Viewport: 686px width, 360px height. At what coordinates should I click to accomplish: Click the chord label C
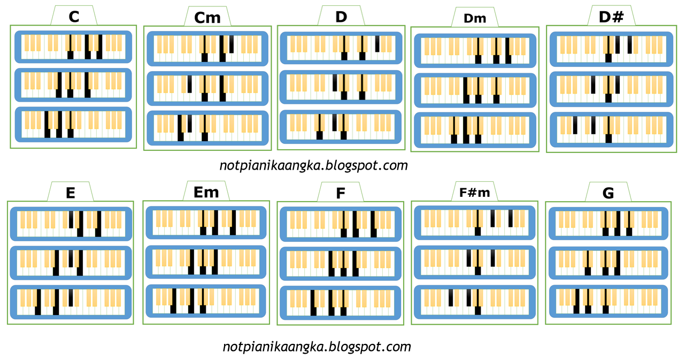74,17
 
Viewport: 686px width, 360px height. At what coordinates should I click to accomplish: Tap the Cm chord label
207,18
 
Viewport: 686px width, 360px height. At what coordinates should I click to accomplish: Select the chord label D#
612,17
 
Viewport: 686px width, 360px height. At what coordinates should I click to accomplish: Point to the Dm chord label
475,18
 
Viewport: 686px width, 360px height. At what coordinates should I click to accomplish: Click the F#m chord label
475,193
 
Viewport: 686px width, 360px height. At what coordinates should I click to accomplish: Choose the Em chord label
206,192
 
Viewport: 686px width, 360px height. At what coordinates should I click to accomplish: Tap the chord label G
608,193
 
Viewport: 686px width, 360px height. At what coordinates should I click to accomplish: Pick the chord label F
341,193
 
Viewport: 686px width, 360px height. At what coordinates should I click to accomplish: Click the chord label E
71,193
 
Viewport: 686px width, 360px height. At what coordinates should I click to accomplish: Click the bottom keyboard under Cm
207,128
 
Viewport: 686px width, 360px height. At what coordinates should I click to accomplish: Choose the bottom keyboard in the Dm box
475,130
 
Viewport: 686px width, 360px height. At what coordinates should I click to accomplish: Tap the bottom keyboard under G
608,302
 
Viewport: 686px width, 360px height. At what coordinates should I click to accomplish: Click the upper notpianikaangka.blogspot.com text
314,165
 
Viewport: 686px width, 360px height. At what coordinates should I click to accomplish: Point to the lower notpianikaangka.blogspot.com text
317,347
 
